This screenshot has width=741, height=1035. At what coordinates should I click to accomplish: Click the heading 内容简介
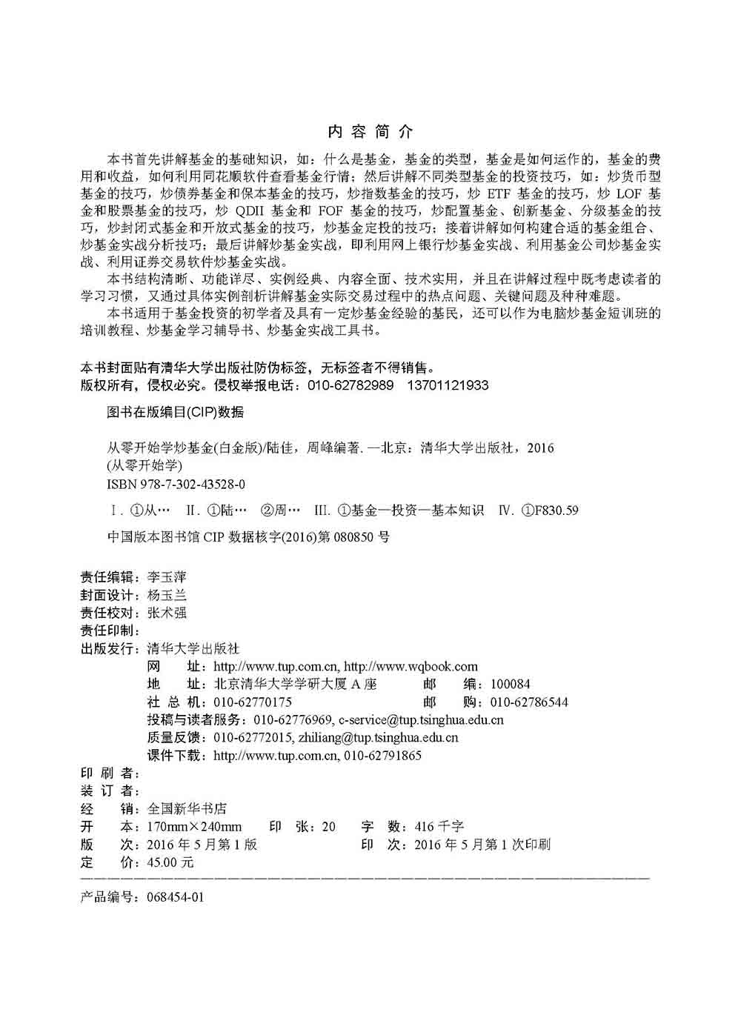[x=370, y=132]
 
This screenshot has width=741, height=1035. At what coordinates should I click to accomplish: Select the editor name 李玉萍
[x=167, y=577]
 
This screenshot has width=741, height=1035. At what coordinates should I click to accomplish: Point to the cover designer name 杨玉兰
[x=167, y=595]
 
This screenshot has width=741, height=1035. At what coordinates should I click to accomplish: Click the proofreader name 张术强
[x=167, y=613]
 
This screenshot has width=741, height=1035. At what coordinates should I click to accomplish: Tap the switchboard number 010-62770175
[x=253, y=702]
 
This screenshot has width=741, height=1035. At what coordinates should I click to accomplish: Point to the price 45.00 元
[x=170, y=862]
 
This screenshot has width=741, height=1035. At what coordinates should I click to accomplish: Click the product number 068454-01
[x=176, y=897]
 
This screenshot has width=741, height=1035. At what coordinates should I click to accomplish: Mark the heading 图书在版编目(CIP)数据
[x=176, y=413]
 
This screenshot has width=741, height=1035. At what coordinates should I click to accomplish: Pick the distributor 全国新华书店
[x=187, y=809]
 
